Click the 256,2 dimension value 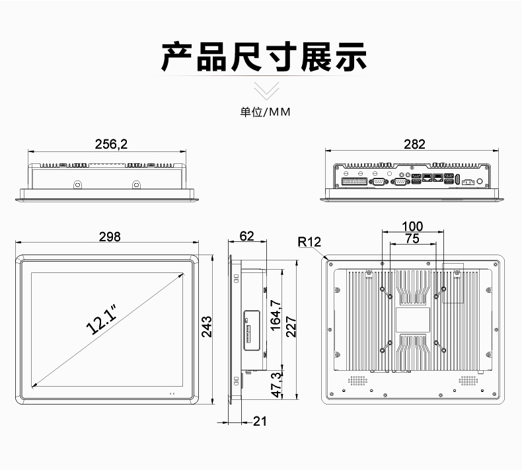pos(111,144)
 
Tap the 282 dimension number pos(414,144)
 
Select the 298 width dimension pos(110,237)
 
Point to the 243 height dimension pos(207,327)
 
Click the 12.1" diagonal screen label pos(102,319)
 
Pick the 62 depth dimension pos(246,236)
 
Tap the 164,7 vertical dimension pos(276,315)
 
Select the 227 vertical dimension pos(291,327)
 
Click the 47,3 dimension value pos(277,385)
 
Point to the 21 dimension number pos(260,421)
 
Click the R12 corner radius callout pos(309,242)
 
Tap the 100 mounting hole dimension pos(412,227)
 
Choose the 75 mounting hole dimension pos(412,239)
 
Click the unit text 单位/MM pos(266,112)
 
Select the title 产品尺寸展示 pos(264,57)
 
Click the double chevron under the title pos(267,91)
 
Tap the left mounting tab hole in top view pos(77,184)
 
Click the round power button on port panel pos(480,181)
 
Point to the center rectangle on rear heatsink pos(413,320)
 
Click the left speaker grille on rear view pos(358,380)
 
